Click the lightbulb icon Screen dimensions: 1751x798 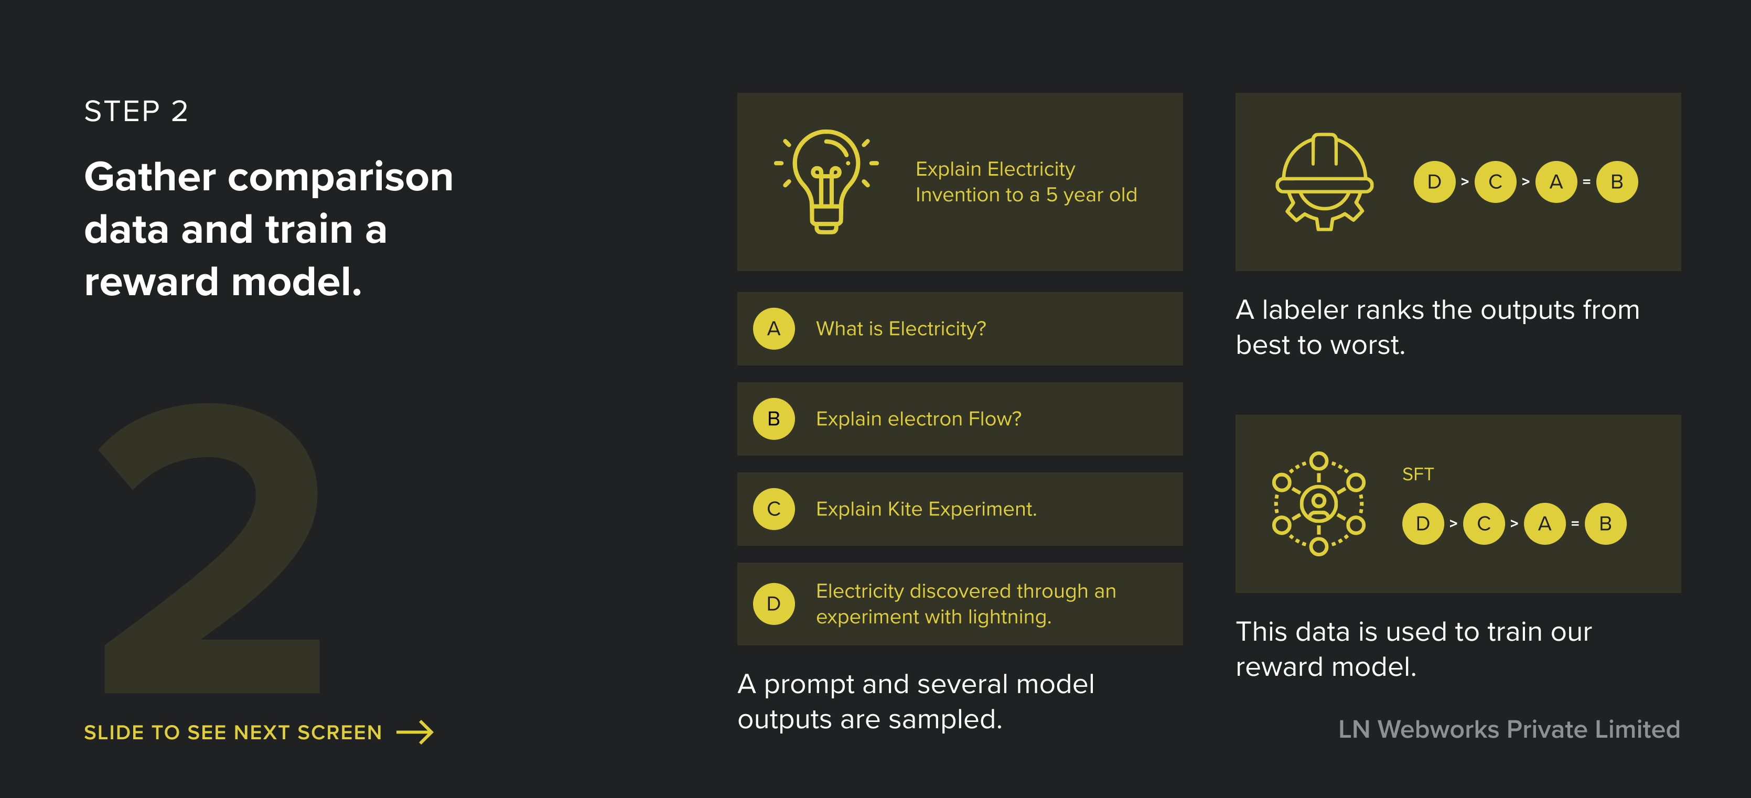pyautogui.click(x=826, y=181)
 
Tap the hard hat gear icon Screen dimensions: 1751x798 pyautogui.click(x=1324, y=181)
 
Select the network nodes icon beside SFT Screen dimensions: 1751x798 pyautogui.click(x=1319, y=504)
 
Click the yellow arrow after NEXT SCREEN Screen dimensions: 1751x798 pyautogui.click(x=415, y=732)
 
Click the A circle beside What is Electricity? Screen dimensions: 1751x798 pyautogui.click(x=774, y=329)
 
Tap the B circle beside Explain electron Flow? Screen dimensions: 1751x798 pyautogui.click(x=774, y=419)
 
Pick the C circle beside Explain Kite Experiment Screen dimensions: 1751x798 pyautogui.click(x=774, y=509)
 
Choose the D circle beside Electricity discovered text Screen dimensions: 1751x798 pyautogui.click(x=774, y=603)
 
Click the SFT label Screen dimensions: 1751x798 pyautogui.click(x=1418, y=474)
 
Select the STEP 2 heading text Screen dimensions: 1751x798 pyautogui.click(x=136, y=111)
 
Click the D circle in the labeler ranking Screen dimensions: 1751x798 pyautogui.click(x=1434, y=181)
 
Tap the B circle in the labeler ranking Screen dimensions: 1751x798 pyautogui.click(x=1617, y=181)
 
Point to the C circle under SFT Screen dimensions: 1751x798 pyautogui.click(x=1484, y=523)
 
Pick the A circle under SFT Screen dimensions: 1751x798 pyautogui.click(x=1544, y=523)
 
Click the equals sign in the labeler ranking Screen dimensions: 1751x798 pyautogui.click(x=1586, y=182)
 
